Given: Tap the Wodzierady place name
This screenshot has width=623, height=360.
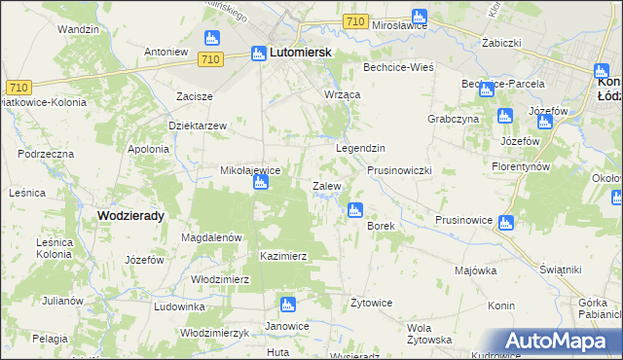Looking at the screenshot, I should pos(129,215).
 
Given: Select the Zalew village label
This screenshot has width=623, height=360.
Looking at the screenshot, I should pos(325,185).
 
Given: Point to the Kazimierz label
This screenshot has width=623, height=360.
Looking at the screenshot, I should pos(283,256).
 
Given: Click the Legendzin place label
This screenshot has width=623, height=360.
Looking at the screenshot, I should pos(361,147).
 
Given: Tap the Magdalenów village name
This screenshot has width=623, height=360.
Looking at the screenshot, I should pos(211,236).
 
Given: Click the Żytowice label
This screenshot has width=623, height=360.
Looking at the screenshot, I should pos(371,303).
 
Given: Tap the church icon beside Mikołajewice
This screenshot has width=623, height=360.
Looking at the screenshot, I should pos(261,183).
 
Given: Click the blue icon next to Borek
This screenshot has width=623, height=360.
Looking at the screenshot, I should pos(354,209).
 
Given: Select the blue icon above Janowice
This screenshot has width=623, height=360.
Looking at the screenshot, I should pos(286,306).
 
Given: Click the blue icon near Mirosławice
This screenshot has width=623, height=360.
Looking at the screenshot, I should pos(419,17).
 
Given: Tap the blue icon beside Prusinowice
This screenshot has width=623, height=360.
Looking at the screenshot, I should pos(505,223).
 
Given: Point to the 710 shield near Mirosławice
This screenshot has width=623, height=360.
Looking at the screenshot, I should pos(355,22).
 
